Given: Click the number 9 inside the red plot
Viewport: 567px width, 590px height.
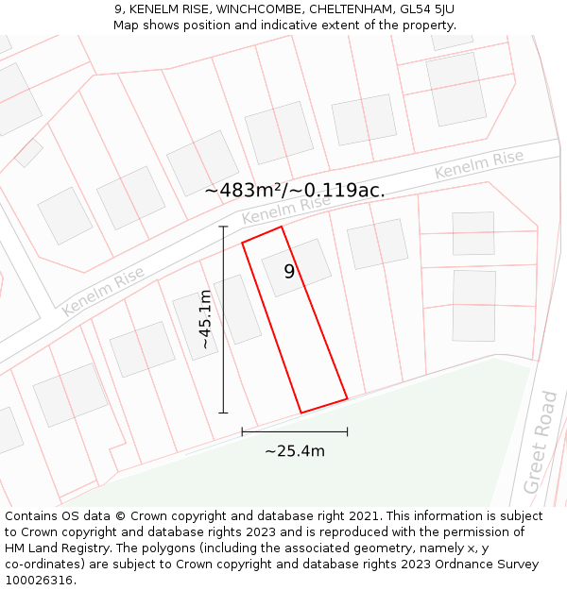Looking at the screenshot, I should (289, 272).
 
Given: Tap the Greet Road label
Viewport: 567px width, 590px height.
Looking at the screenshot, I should (540, 455).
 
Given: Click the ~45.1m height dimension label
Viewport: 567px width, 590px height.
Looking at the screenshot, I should (205, 320).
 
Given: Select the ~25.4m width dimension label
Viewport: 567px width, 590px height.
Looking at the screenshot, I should (295, 451).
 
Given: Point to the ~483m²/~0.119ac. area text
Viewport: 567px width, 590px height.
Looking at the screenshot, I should (295, 190).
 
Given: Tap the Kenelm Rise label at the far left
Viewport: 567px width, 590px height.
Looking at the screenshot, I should (103, 290).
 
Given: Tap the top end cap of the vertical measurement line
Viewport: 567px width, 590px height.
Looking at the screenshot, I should (224, 227).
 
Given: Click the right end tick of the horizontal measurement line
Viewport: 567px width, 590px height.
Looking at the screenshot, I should (348, 431).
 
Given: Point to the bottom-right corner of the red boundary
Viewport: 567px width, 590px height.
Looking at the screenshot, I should (347, 398).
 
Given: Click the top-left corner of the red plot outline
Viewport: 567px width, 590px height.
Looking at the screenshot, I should (243, 243).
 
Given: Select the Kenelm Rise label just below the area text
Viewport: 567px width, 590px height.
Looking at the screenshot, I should (286, 210).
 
